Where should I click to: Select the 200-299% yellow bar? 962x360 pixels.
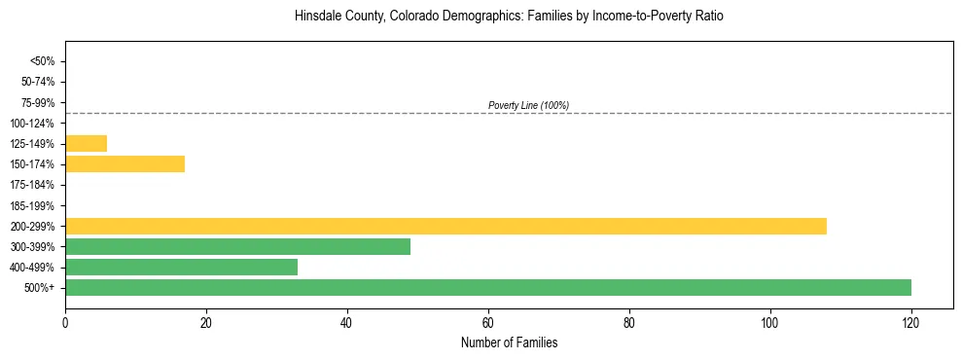445,226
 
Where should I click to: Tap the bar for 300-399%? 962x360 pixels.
237,247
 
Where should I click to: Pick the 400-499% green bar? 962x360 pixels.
181,268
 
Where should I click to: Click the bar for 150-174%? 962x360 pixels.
125,164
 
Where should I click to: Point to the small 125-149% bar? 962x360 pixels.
86,144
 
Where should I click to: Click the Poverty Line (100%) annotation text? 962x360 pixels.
528,105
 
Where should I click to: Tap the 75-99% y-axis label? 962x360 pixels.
38,102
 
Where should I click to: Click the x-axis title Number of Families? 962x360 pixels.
509,342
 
